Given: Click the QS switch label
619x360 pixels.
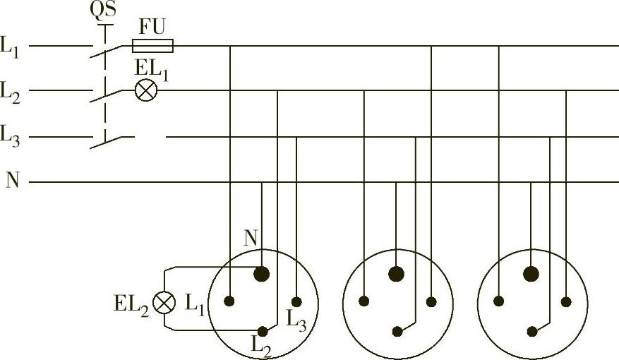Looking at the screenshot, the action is click(x=103, y=11).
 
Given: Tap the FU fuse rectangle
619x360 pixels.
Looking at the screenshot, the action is click(x=153, y=46).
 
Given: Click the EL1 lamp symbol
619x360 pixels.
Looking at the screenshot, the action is click(x=146, y=91).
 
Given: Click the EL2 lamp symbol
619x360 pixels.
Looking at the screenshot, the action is click(x=164, y=303).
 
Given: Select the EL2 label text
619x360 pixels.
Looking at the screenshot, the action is click(x=131, y=304).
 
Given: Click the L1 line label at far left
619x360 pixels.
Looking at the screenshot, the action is click(x=11, y=47).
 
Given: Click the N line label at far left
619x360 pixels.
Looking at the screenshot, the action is click(x=13, y=181).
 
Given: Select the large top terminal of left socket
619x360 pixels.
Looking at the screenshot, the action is click(x=262, y=273).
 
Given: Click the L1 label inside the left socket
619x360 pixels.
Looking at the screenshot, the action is click(x=195, y=304).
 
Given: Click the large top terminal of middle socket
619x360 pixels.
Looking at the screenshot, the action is click(x=397, y=273).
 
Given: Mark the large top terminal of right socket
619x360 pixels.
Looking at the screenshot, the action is click(x=531, y=273).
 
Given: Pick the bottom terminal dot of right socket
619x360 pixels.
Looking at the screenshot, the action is click(x=531, y=330).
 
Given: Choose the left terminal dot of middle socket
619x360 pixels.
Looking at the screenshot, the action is click(x=364, y=301).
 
